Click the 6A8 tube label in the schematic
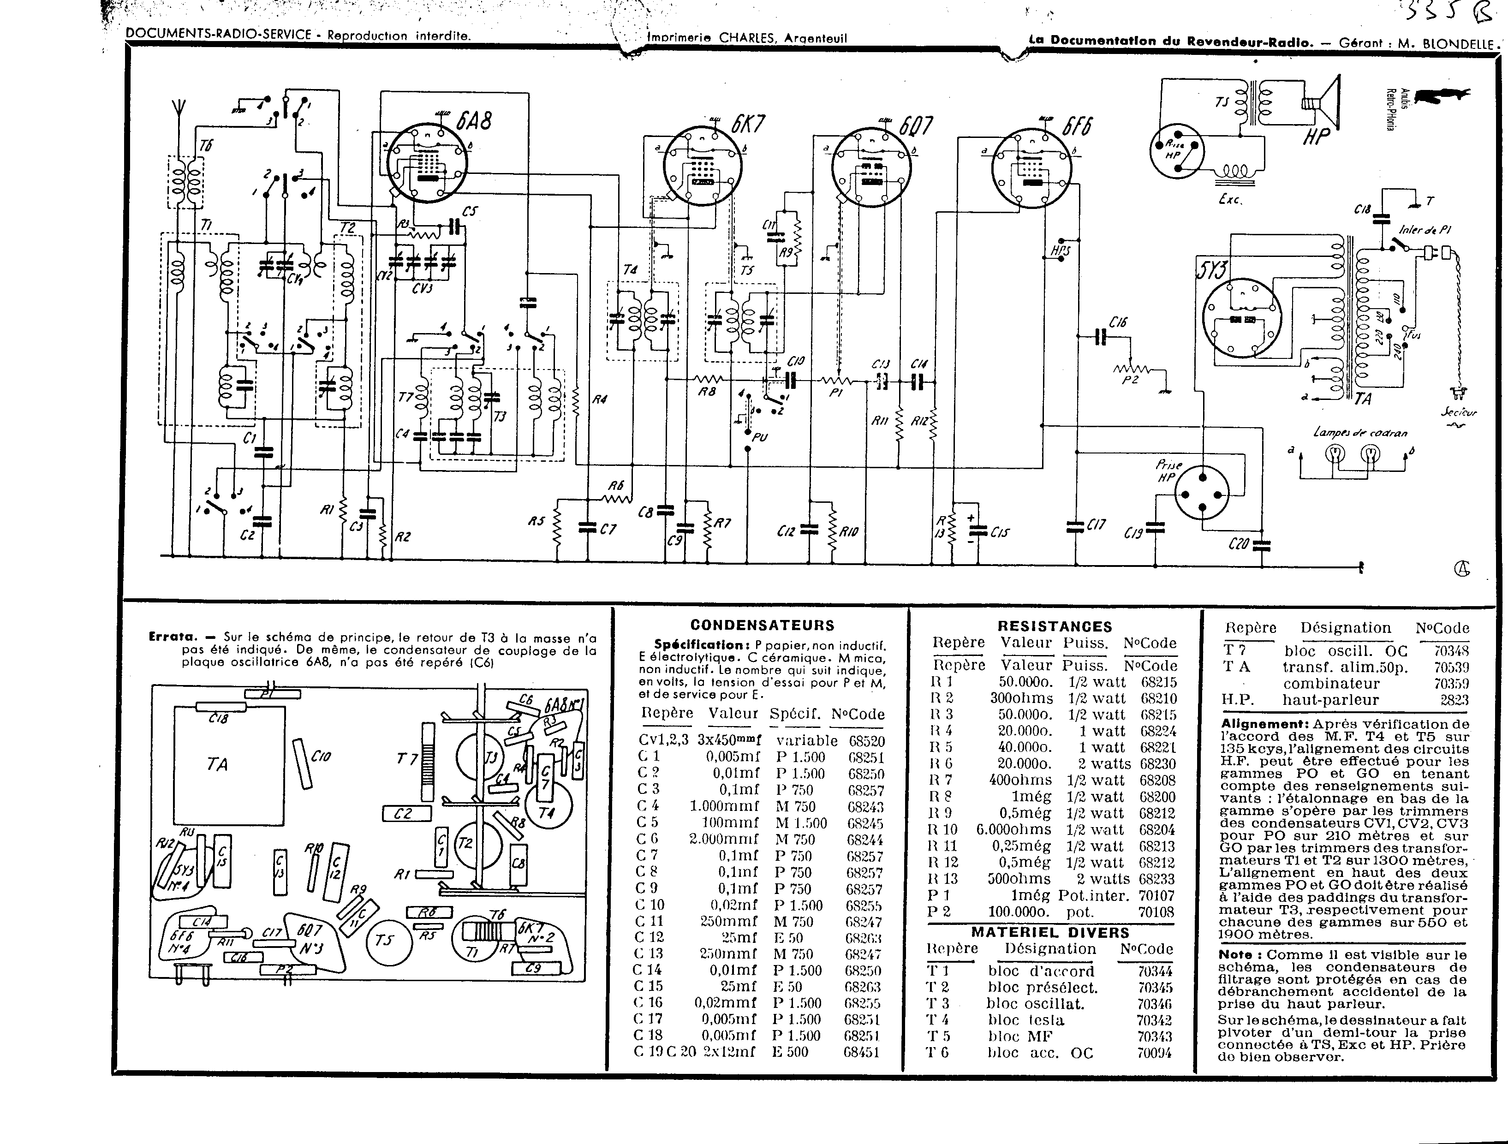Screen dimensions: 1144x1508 pyautogui.click(x=473, y=121)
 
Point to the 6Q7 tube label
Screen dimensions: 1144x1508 pyautogui.click(x=916, y=127)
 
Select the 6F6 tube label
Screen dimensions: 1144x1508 pyautogui.click(x=1077, y=127)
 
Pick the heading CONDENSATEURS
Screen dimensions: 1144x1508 pyautogui.click(x=762, y=625)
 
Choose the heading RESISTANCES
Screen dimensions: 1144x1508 pyautogui.click(x=1055, y=626)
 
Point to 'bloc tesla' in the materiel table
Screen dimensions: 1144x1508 pyautogui.click(x=1025, y=1020)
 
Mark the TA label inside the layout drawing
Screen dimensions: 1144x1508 pyautogui.click(x=217, y=764)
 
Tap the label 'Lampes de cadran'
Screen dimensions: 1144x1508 pyautogui.click(x=1359, y=432)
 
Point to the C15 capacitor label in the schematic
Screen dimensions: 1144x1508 pyautogui.click(x=1000, y=532)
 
